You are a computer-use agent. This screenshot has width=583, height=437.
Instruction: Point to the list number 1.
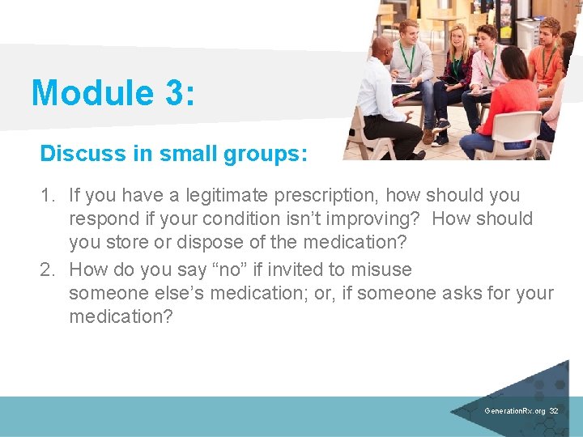pos(47,195)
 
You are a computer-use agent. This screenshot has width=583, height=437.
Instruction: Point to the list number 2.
pos(47,269)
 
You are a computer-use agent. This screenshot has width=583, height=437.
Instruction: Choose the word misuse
pos(381,269)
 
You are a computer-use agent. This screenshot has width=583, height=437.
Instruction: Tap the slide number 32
pos(554,411)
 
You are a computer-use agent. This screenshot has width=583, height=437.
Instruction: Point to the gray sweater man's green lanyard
pos(409,60)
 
